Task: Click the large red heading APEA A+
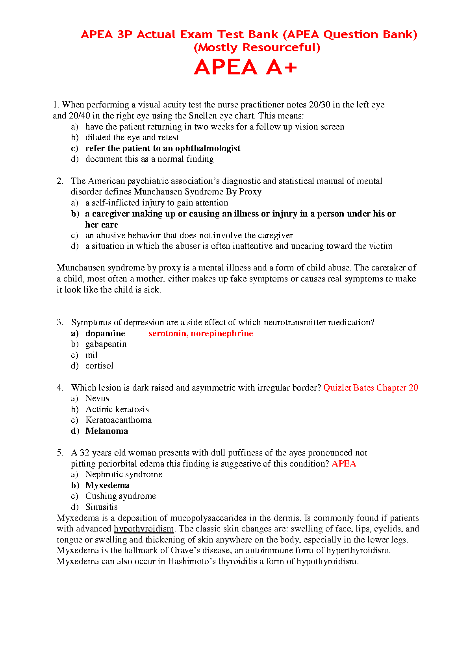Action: coord(245,67)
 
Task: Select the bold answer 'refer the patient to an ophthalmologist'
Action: coord(163,148)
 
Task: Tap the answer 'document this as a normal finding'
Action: coord(149,159)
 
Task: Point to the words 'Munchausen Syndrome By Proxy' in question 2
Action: coord(198,192)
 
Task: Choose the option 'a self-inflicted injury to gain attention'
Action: coord(157,203)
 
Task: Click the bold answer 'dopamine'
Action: coord(105,333)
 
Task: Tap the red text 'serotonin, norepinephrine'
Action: coord(201,333)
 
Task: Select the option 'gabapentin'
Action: coord(106,344)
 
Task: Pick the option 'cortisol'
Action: coord(99,366)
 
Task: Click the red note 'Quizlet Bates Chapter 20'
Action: coord(371,388)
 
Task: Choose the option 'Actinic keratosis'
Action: coord(117,409)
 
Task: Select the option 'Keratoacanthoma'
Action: coord(119,420)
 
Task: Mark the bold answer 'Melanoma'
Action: coord(107,431)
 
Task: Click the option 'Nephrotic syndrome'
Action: coord(124,474)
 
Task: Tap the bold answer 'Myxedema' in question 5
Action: coord(107,485)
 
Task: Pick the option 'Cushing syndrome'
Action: coord(120,496)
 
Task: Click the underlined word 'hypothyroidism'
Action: coord(144,529)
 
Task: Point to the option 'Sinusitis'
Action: coord(101,507)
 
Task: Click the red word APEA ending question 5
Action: coord(344,464)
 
